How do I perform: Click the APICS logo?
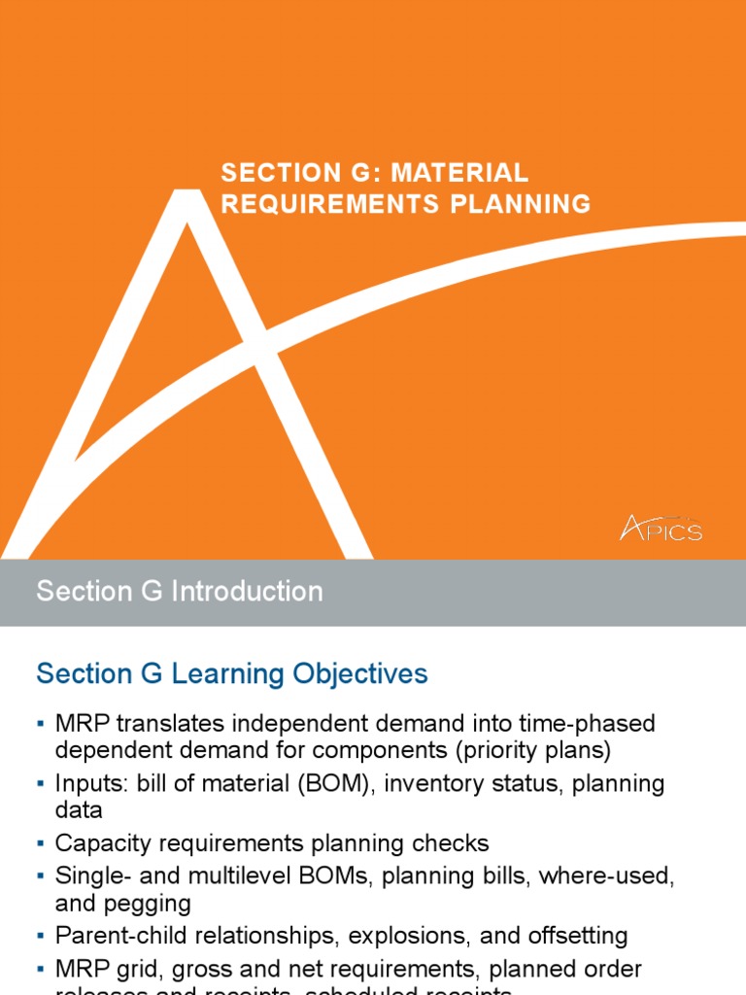click(661, 528)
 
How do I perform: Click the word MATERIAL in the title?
click(468, 173)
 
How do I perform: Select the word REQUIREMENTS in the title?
click(328, 204)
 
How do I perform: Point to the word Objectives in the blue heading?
click(362, 674)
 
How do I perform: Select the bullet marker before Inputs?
click(41, 784)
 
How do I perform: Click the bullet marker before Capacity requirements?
click(41, 843)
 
